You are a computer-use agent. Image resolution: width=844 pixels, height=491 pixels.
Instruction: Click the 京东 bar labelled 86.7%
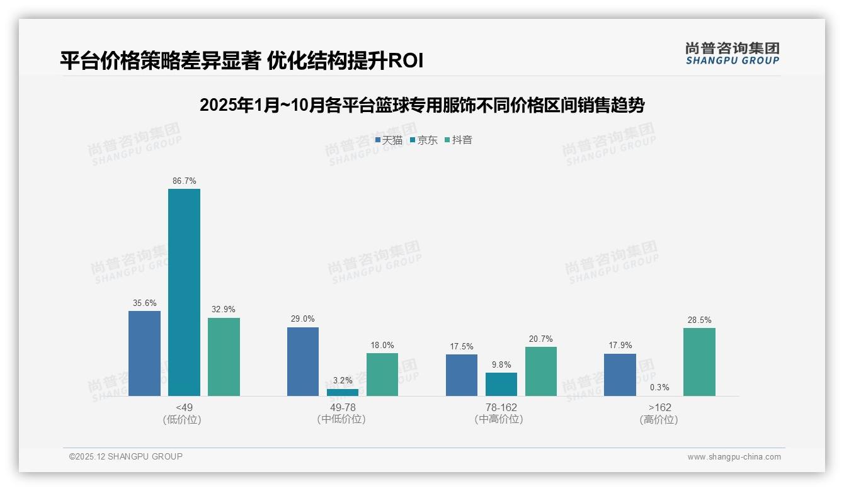[x=184, y=292]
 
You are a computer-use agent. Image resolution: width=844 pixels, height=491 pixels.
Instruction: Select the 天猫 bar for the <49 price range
[x=144, y=353]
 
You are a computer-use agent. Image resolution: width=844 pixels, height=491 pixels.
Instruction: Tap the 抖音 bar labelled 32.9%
[x=224, y=356]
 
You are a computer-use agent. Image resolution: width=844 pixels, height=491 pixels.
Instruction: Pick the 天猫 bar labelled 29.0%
[x=303, y=361]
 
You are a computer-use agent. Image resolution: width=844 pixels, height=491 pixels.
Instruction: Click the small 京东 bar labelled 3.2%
[x=343, y=392]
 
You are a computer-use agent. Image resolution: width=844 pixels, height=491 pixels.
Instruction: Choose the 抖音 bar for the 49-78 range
[x=382, y=375]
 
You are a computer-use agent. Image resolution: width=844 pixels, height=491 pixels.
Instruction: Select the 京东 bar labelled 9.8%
[x=501, y=384]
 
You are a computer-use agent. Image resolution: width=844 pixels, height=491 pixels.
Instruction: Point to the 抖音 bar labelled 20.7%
[x=541, y=371]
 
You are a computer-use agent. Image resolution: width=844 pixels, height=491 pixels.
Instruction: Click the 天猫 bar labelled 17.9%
[x=620, y=375]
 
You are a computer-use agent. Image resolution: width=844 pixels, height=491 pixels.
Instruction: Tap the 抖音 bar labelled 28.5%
[x=699, y=362]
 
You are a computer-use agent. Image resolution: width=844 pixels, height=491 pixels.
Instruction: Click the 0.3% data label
[x=659, y=388]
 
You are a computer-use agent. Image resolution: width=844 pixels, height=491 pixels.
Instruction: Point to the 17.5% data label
[x=462, y=347]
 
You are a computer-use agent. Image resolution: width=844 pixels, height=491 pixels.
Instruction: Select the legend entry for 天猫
[x=389, y=140]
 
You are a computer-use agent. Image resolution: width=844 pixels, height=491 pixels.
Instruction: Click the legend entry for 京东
[x=424, y=140]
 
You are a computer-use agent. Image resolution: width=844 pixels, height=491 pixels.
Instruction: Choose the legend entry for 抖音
[x=459, y=140]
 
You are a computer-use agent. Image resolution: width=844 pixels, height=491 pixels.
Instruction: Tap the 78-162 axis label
[x=501, y=408]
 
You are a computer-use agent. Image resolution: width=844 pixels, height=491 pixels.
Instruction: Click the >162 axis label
[x=659, y=408]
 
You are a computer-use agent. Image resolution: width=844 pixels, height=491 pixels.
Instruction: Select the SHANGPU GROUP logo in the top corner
[x=732, y=54]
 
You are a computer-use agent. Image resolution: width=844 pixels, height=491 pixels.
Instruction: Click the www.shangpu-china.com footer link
[x=734, y=457]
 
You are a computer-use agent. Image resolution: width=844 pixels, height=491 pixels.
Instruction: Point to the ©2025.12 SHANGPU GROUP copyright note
[x=126, y=457]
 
